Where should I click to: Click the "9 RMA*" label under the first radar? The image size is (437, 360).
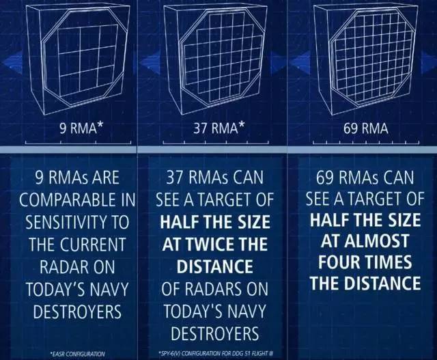[x=81, y=128]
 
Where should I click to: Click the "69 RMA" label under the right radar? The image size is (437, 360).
[x=365, y=128]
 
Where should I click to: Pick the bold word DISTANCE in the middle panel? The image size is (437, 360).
[x=215, y=266]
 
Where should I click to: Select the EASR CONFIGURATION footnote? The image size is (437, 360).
[x=77, y=354]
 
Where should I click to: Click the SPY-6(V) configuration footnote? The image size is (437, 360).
[x=215, y=354]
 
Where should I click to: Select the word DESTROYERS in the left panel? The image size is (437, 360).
[x=77, y=311]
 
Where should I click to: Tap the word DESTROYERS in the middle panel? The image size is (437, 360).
[x=215, y=333]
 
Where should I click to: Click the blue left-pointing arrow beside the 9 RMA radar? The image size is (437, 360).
[x=12, y=62]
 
